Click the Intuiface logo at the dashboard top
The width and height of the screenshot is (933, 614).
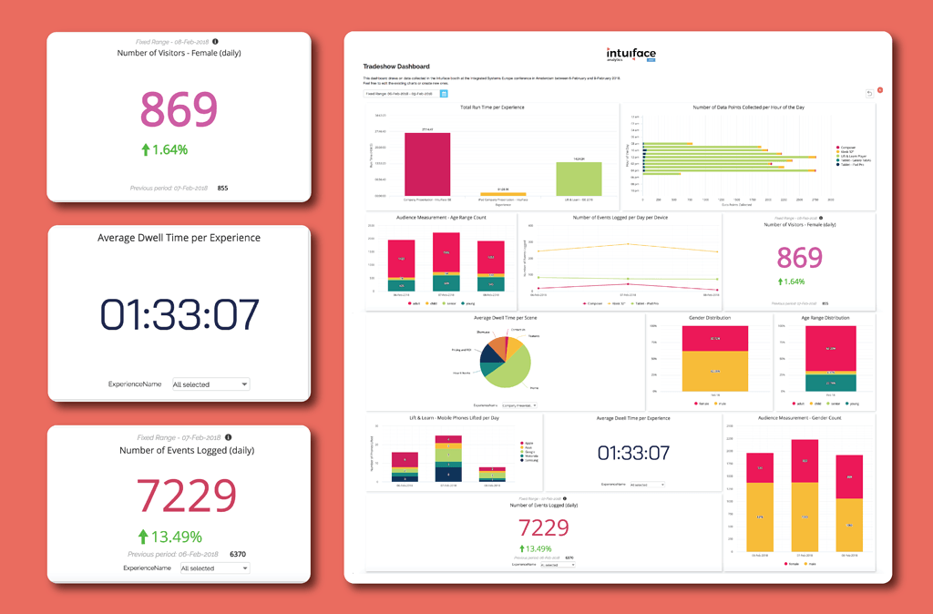click(x=631, y=55)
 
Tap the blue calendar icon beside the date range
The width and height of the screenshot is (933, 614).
click(x=444, y=93)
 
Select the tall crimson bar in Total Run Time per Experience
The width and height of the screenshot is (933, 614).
click(x=427, y=164)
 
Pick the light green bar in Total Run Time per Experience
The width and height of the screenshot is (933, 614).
click(x=579, y=179)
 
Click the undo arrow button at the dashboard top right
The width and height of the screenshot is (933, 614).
click(x=869, y=93)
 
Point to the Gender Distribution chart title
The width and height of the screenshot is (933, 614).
click(x=709, y=318)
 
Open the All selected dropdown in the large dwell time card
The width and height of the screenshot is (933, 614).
click(x=210, y=384)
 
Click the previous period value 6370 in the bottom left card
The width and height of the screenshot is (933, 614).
click(x=238, y=554)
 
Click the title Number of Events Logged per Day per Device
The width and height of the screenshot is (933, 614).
click(x=620, y=218)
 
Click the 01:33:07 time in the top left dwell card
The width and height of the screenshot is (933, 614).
click(x=179, y=313)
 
